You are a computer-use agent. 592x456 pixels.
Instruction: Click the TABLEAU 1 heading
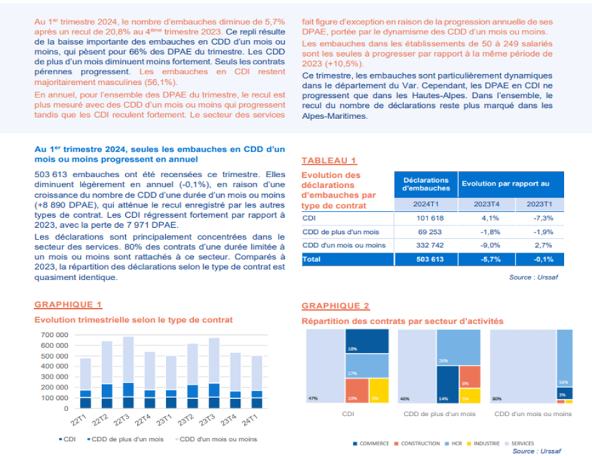(329, 160)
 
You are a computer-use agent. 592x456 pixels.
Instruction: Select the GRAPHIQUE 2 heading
(335, 306)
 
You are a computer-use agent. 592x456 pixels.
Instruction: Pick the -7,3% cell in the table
(535, 218)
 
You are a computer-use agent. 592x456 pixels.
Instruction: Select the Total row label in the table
(312, 259)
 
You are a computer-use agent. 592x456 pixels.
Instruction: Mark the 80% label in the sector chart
(497, 397)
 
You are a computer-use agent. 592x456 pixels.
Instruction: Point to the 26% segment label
(442, 361)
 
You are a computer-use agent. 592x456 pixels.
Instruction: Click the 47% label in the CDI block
(313, 397)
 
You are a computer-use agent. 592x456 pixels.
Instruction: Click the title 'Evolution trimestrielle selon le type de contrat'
(133, 319)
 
